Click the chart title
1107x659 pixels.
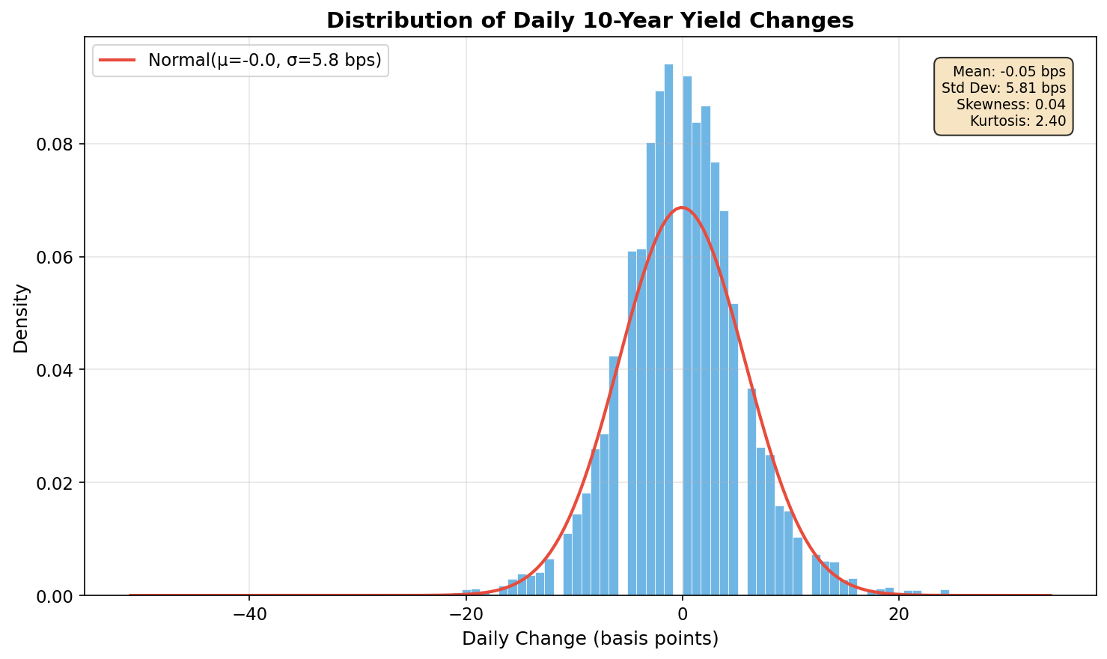tap(590, 20)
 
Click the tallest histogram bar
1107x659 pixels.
tap(668, 329)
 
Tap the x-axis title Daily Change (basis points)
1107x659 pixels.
tap(590, 639)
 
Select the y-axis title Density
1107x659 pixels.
tap(21, 318)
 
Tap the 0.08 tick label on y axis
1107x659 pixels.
tap(55, 145)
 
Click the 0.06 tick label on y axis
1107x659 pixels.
tap(55, 258)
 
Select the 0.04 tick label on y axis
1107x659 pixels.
tap(55, 370)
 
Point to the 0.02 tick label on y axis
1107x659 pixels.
tap(55, 483)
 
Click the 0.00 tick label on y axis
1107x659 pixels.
tap(55, 596)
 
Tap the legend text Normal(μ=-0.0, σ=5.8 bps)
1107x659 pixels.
tap(265, 60)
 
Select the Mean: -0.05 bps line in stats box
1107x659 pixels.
tap(1009, 72)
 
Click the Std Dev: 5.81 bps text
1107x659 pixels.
tap(1003, 88)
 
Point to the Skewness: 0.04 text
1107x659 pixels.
tap(1010, 105)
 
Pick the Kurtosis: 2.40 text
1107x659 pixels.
tap(1017, 121)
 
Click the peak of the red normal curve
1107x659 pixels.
tap(681, 207)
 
